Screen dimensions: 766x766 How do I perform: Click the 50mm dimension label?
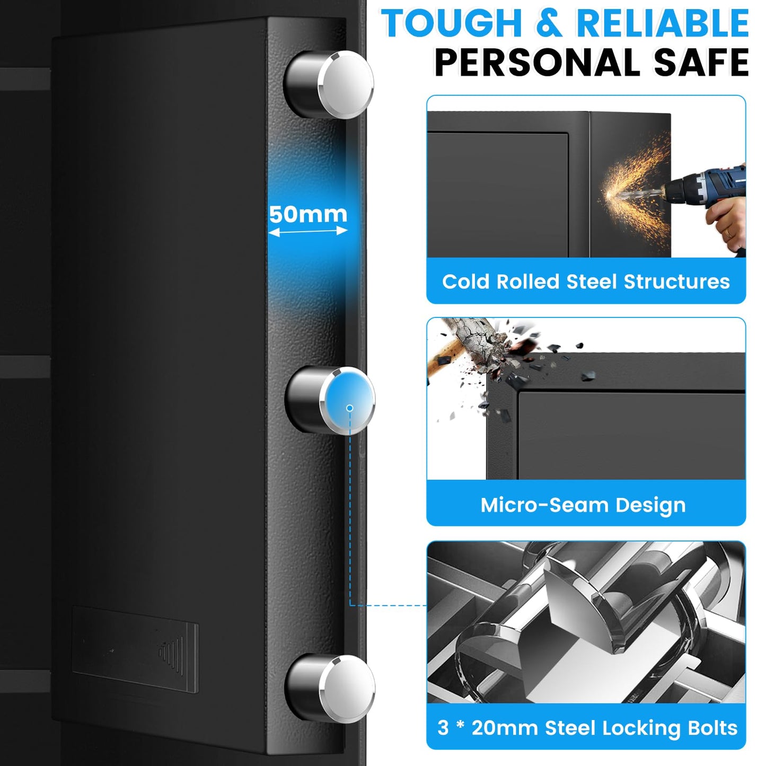click(308, 214)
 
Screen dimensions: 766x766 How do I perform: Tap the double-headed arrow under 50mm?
click(308, 231)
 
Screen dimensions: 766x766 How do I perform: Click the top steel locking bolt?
click(328, 85)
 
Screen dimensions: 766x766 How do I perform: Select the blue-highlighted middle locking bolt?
click(330, 401)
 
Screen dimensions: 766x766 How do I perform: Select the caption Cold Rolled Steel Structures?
click(586, 282)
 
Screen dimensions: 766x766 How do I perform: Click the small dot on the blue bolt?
click(350, 408)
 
